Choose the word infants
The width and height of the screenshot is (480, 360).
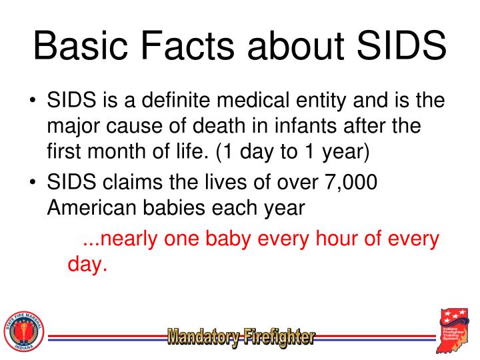tap(300, 126)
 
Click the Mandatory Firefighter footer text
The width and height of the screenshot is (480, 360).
tap(241, 337)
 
